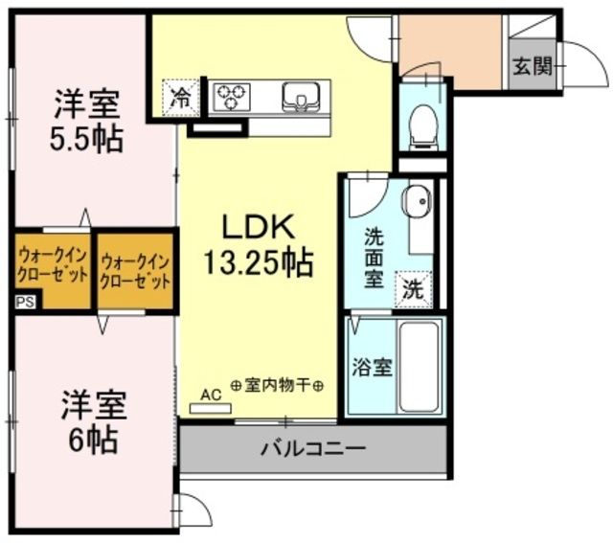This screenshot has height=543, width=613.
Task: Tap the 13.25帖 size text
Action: tap(257, 261)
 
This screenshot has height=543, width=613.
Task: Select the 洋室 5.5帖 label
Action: tap(86, 120)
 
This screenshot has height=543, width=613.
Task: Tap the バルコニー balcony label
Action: tap(312, 448)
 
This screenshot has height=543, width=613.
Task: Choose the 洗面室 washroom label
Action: tap(374, 256)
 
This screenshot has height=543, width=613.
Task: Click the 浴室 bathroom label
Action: tap(372, 367)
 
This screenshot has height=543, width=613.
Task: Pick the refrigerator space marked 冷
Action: tap(179, 95)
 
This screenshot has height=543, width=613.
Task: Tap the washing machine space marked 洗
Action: tap(412, 288)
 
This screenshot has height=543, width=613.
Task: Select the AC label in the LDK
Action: tap(211, 393)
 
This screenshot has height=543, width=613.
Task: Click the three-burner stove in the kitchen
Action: tap(231, 95)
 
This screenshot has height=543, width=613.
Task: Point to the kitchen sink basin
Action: tap(300, 96)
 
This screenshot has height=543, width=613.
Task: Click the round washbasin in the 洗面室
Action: tap(416, 202)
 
